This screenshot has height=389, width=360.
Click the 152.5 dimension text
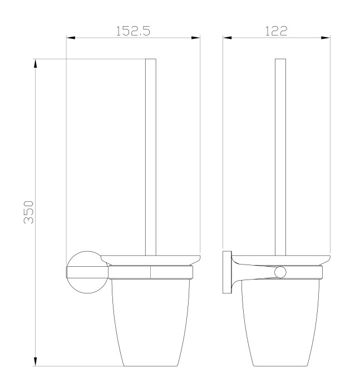click(x=133, y=31)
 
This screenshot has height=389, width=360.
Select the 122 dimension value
click(x=277, y=31)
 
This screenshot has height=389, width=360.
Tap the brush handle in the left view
click(x=150, y=156)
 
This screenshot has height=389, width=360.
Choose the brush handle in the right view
click(x=281, y=156)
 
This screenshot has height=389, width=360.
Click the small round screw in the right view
click(x=281, y=272)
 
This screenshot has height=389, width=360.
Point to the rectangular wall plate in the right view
click(x=227, y=272)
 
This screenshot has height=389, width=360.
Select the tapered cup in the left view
click(x=150, y=322)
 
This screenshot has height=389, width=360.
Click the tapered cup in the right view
click(x=281, y=322)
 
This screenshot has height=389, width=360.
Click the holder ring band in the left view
click(x=150, y=272)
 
